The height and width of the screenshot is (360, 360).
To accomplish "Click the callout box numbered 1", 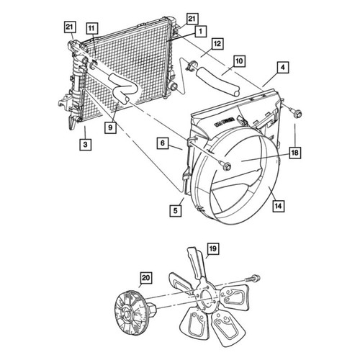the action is click(x=201, y=31).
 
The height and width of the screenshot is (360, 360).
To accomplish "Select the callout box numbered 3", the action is click(x=86, y=145).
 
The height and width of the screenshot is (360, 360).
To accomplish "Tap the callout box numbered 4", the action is click(x=283, y=68).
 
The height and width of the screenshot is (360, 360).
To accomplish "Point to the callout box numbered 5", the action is click(x=176, y=211).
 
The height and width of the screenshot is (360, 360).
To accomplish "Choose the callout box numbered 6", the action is click(x=163, y=143).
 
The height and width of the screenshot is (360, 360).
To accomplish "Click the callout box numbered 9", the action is click(x=110, y=127).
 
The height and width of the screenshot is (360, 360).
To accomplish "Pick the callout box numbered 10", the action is click(x=239, y=61).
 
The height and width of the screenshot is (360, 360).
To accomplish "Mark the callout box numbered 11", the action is click(x=91, y=29).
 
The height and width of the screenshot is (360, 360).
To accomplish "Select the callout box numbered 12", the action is click(x=217, y=44).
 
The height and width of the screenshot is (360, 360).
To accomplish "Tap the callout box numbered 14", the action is click(x=279, y=206).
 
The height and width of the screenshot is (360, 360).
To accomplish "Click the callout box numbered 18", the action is click(x=295, y=153).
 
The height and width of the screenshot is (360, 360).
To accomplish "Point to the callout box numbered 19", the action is click(x=213, y=249).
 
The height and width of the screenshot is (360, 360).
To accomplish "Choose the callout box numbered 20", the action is click(x=146, y=278).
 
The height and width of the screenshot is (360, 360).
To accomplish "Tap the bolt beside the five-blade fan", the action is click(x=253, y=279).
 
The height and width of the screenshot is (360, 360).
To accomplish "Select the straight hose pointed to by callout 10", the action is click(x=218, y=81).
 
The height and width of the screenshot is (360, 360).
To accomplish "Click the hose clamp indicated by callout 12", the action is click(x=191, y=66).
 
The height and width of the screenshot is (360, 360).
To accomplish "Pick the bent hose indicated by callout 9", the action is click(x=123, y=88).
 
